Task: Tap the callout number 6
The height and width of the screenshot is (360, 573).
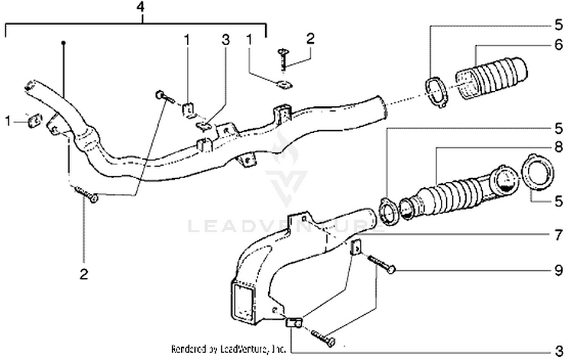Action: pyautogui.click(x=558, y=45)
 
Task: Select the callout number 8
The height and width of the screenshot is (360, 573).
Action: pyautogui.click(x=558, y=145)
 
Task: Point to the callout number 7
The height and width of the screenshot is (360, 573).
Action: pyautogui.click(x=558, y=229)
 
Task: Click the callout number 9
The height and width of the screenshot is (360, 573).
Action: pyautogui.click(x=558, y=270)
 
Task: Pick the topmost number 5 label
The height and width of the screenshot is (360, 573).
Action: pyautogui.click(x=558, y=24)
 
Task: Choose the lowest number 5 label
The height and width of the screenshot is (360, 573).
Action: pyautogui.click(x=558, y=200)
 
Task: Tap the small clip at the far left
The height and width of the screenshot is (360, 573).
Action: pyautogui.click(x=34, y=120)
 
